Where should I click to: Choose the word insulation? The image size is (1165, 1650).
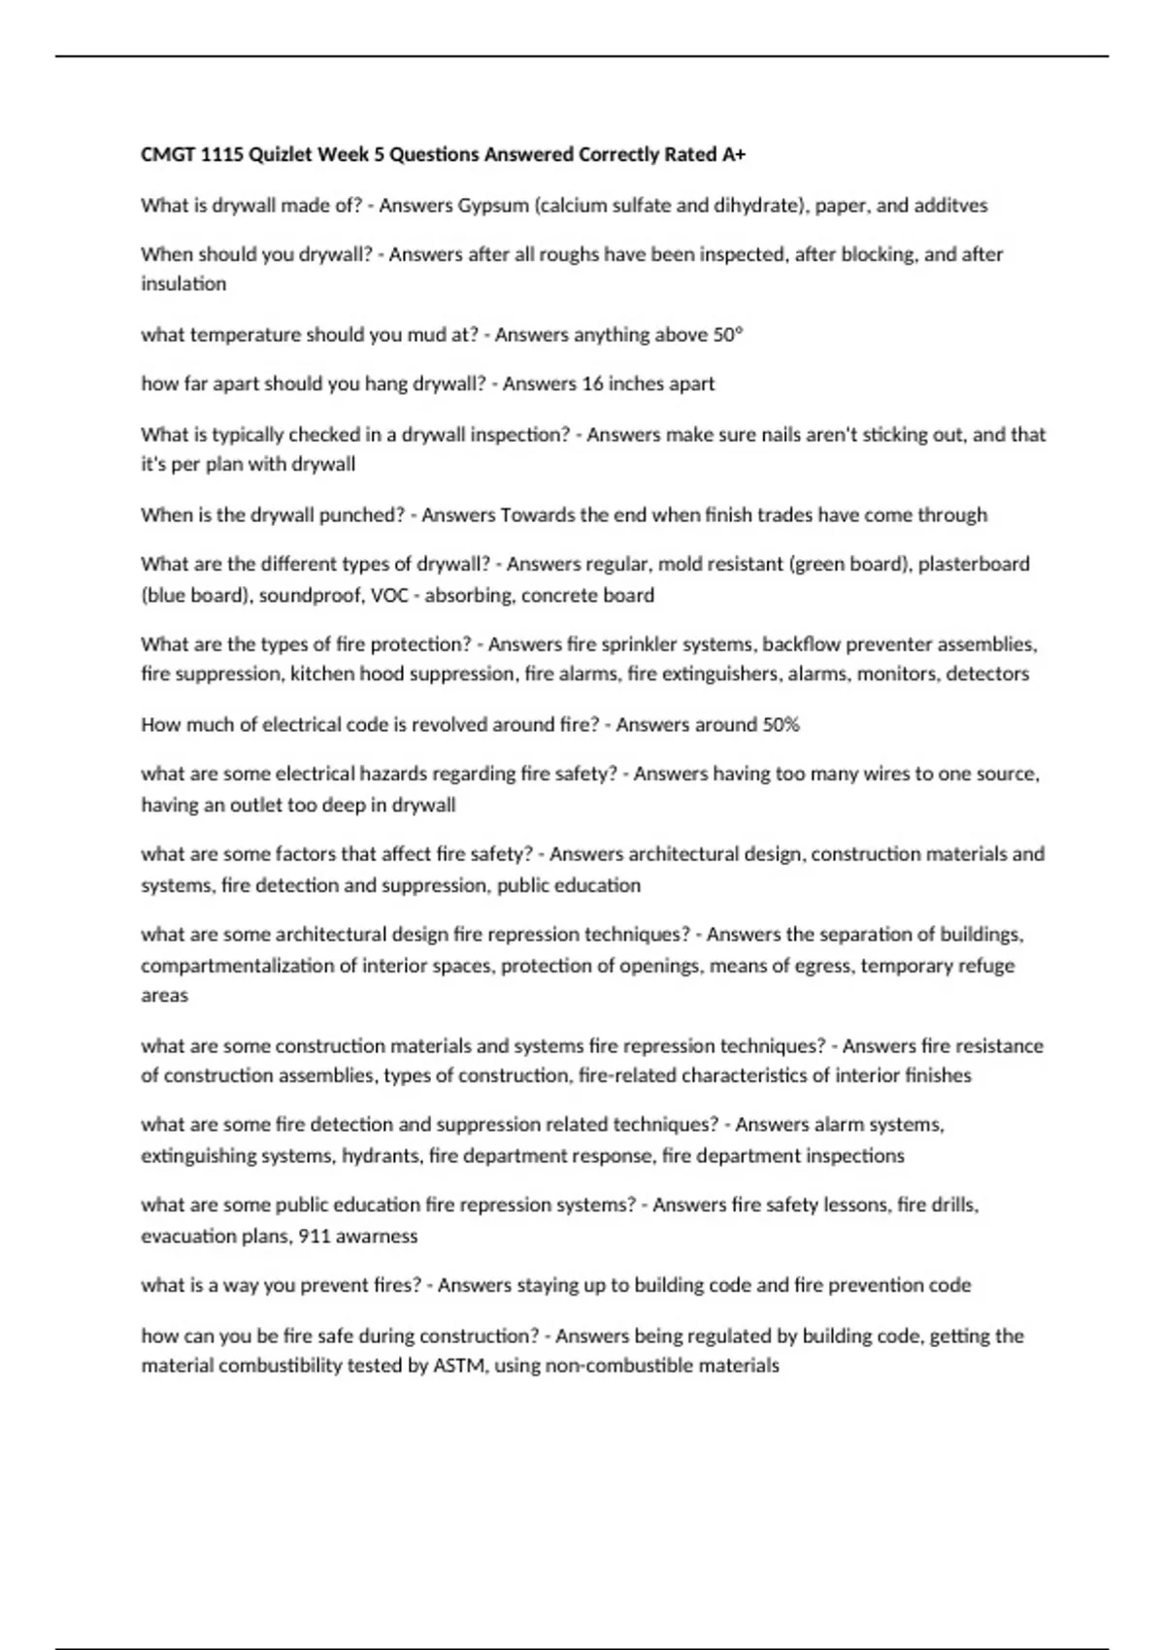point(183,284)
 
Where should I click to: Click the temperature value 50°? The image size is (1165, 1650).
point(728,335)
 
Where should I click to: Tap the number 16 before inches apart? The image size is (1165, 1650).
point(592,384)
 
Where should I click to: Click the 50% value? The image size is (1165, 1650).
point(781,725)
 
